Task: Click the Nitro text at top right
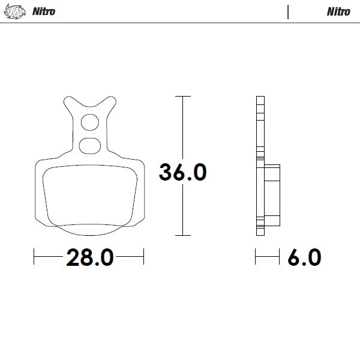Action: [338, 12]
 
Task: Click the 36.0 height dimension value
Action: [182, 172]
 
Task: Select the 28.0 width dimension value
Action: [89, 258]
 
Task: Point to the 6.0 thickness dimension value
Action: [304, 258]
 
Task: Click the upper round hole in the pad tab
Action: [89, 122]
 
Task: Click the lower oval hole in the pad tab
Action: [89, 144]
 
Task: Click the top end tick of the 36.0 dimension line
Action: [182, 96]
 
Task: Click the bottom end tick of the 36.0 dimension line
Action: [182, 235]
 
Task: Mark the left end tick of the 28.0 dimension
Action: [35, 258]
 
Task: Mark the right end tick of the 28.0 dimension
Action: [143, 258]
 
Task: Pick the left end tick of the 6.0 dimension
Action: [256, 258]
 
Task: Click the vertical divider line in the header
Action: [288, 12]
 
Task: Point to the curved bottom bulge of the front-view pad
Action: [89, 230]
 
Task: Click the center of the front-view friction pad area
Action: [89, 195]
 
